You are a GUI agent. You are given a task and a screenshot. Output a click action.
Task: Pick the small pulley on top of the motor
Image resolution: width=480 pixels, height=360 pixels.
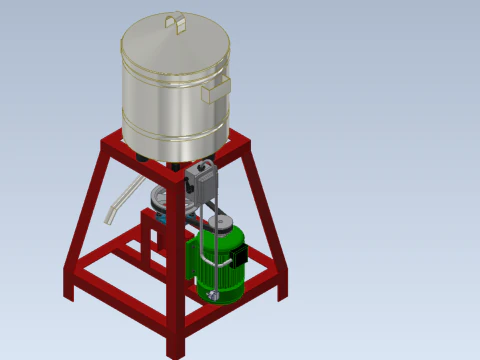[x=219, y=222]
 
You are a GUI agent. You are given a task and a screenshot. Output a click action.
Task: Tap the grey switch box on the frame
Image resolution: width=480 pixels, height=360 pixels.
[x=201, y=181]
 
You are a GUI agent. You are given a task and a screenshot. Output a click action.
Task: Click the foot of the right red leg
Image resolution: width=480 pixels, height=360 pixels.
[x=283, y=293]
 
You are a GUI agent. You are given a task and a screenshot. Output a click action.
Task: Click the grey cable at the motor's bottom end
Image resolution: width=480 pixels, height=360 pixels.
[x=213, y=296]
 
